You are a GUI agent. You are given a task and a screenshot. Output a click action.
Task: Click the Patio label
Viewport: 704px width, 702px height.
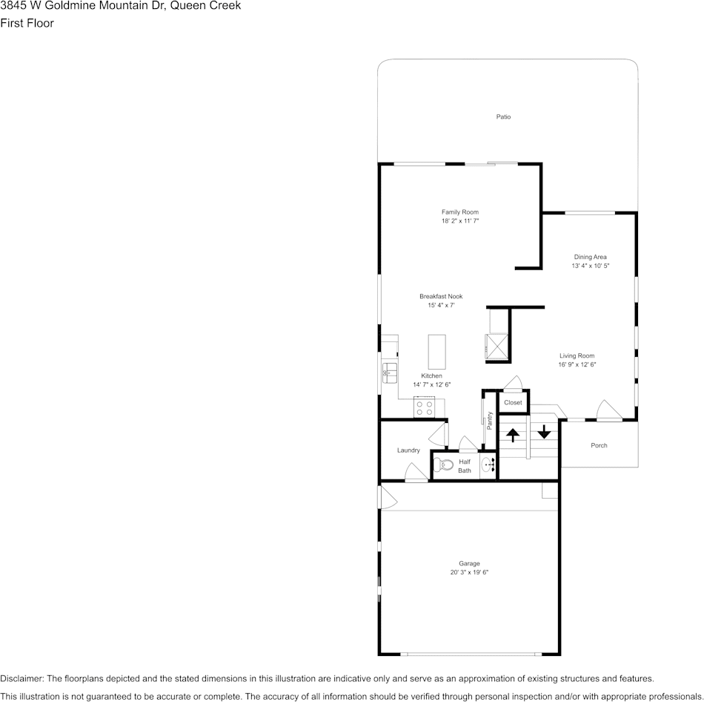click(x=503, y=117)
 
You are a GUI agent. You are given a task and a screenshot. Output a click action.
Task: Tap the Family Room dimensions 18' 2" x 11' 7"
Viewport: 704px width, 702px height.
click(x=460, y=221)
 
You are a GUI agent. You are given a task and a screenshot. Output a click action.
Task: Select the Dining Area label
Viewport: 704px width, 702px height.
click(x=590, y=257)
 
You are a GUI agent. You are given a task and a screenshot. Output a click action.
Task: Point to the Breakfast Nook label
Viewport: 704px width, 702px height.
click(x=440, y=296)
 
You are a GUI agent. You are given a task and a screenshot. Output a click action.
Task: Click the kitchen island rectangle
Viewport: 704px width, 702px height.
click(x=437, y=352)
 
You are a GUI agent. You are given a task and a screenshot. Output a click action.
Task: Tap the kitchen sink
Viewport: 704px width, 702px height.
click(x=389, y=372)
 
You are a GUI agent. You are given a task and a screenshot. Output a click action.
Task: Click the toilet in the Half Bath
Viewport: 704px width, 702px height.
click(x=444, y=465)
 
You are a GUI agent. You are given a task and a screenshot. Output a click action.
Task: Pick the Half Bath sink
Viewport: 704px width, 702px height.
click(x=487, y=465)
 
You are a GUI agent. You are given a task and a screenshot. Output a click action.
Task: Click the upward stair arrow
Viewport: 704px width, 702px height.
click(x=512, y=435)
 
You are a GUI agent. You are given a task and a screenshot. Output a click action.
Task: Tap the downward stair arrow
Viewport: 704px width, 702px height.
click(x=544, y=431)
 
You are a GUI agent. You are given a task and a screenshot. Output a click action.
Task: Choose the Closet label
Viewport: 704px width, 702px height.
click(x=513, y=403)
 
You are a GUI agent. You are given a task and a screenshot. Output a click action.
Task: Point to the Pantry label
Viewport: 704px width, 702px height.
click(x=490, y=421)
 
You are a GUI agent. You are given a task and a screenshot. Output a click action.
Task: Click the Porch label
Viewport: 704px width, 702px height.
click(x=599, y=445)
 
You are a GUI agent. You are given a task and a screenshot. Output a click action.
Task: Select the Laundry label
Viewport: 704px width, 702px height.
click(x=408, y=450)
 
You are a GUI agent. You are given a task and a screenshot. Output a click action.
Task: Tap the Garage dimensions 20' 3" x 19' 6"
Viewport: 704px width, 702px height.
click(x=469, y=572)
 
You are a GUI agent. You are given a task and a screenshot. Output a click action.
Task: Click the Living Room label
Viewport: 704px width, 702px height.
click(x=577, y=355)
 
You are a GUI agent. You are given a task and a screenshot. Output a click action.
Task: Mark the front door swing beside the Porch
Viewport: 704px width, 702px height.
click(x=606, y=410)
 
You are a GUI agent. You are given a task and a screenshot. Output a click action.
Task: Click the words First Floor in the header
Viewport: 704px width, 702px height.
click(x=27, y=23)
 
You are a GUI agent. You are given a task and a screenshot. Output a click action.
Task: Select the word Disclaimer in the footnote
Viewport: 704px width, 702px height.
click(x=21, y=678)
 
